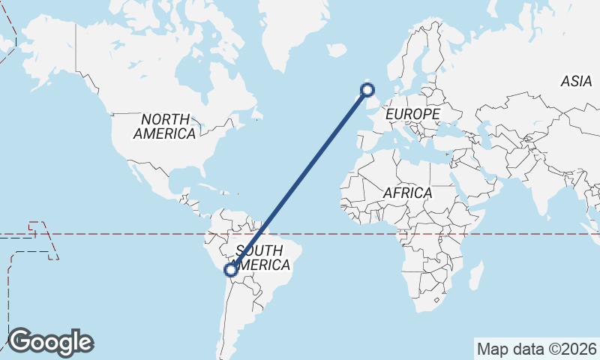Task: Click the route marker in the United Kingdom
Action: click(x=367, y=90)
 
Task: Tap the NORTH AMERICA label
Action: click(x=165, y=126)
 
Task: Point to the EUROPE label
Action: click(x=412, y=114)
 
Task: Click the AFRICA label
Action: click(x=407, y=193)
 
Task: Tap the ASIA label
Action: click(x=576, y=81)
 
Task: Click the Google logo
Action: click(x=50, y=342)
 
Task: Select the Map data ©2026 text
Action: click(x=537, y=349)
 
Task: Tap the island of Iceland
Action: click(x=337, y=49)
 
